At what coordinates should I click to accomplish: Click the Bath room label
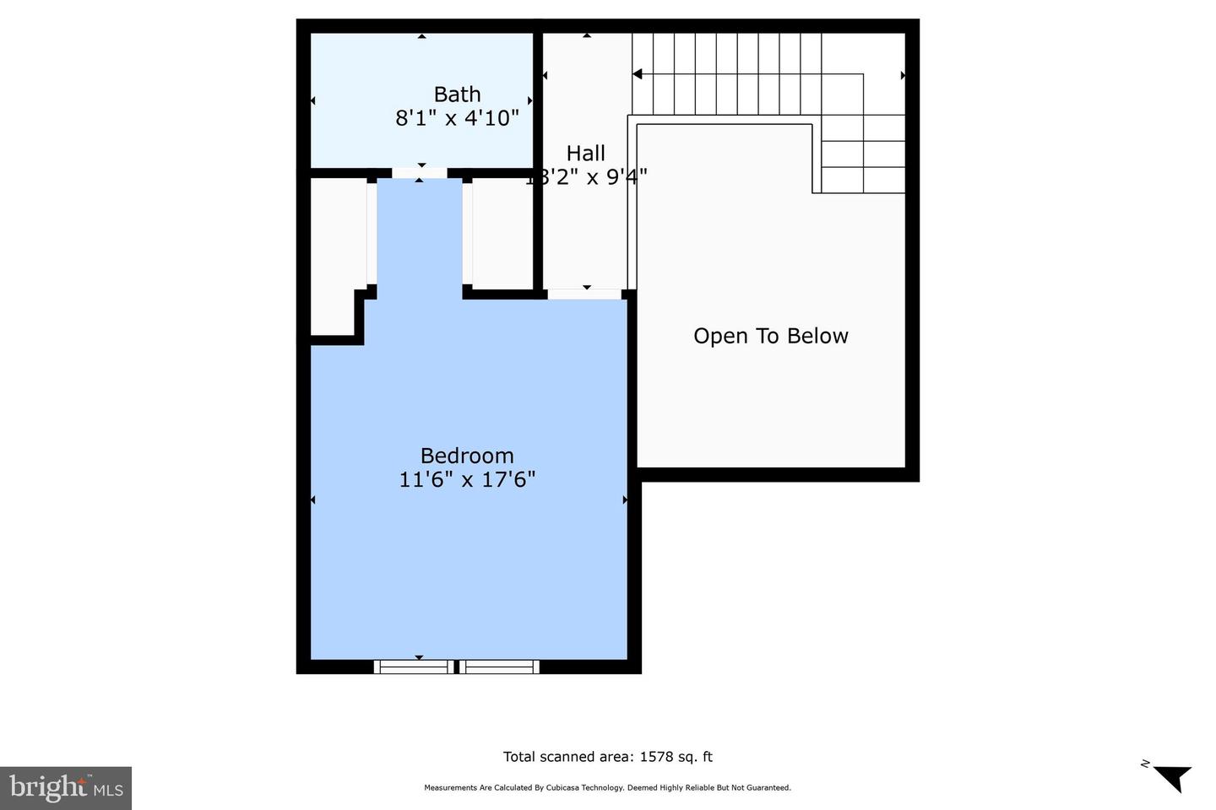point(457,94)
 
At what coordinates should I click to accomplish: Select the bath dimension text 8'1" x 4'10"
point(457,118)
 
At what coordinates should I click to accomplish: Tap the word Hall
point(585,154)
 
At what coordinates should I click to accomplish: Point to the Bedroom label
point(467,456)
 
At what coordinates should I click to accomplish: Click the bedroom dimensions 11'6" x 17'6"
point(467,480)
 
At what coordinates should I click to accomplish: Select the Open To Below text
point(770,336)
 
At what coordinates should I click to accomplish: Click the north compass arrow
point(1170,776)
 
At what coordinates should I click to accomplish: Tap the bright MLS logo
point(66,788)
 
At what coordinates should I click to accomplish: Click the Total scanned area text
point(607,757)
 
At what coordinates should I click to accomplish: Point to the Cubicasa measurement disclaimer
point(607,788)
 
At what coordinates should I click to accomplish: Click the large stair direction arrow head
point(638,74)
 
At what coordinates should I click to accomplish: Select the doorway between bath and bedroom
point(420,173)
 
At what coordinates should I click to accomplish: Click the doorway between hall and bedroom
point(585,294)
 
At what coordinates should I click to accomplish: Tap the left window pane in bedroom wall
point(414,667)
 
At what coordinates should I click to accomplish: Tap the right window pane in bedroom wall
point(499,667)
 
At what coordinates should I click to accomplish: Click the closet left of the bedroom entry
point(336,253)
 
